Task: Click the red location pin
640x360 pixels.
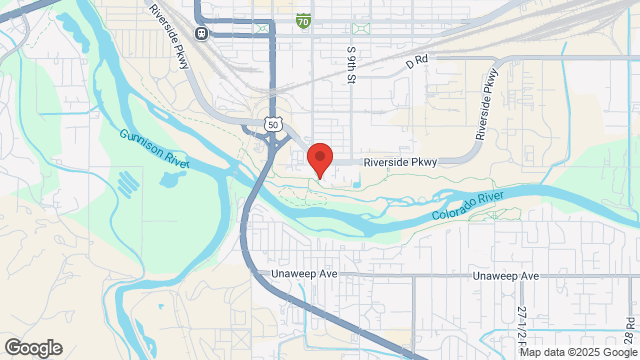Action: coord(319,159)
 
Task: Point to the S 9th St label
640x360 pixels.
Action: coord(352,64)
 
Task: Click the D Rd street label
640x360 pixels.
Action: coord(416,60)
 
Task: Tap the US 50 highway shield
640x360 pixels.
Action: coord(272,123)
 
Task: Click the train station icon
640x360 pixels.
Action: coord(201,33)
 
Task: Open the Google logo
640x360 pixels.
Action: coord(32,347)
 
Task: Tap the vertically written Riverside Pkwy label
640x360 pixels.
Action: coord(487,104)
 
